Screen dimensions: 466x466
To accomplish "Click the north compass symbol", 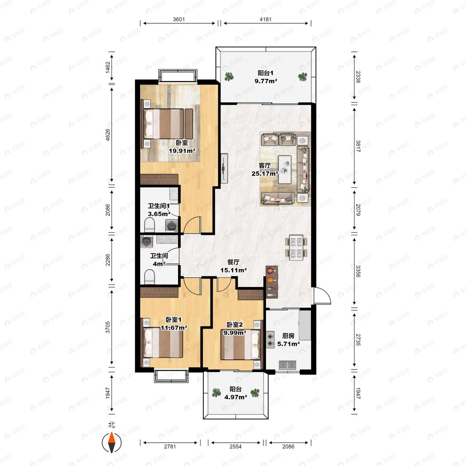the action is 111,442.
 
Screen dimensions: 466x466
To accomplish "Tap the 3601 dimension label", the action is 179,19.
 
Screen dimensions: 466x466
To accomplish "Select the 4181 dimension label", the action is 266,19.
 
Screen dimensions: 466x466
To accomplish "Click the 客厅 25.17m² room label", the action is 265,169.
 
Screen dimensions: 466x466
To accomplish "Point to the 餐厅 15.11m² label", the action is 233,266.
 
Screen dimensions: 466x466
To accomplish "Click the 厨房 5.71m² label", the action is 288,340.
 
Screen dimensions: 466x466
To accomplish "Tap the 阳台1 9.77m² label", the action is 266,77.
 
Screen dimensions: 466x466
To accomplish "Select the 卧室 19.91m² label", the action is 182,147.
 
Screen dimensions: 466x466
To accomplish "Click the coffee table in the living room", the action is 285,169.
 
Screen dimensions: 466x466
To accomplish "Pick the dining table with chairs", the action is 296,248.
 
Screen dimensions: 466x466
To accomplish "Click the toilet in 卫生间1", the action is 150,225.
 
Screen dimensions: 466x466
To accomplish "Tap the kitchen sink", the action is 287,365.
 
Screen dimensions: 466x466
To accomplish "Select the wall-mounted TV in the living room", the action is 224,168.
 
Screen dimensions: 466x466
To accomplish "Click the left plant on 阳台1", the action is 229,77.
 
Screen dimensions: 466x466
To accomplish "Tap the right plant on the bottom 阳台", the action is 255,393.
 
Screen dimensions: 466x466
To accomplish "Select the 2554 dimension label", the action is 235,447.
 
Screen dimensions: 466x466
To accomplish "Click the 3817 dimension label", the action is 358,146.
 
